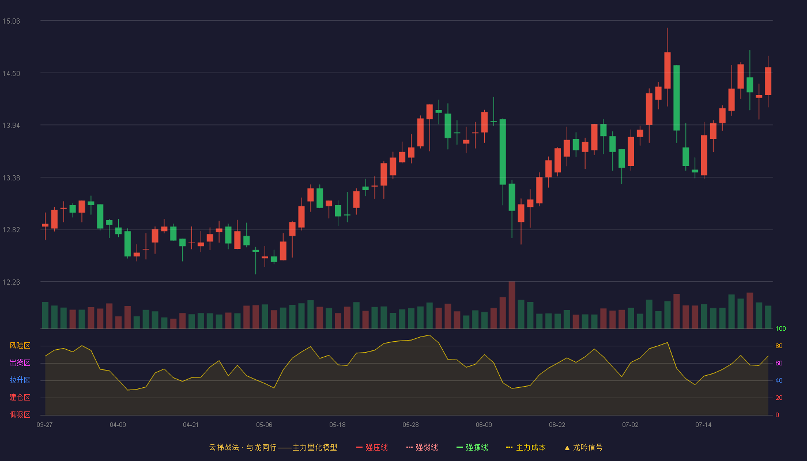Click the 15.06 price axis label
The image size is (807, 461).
coord(11,21)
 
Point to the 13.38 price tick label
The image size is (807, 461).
coord(11,178)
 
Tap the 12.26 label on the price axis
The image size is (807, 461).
coord(11,282)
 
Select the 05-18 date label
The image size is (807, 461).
coord(337,425)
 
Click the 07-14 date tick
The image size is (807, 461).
coord(703,425)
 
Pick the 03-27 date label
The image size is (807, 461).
coord(45,425)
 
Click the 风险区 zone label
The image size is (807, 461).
coord(20,346)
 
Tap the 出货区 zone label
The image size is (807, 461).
coord(20,362)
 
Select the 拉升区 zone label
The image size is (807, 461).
coord(20,380)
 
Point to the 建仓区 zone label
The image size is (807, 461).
coord(20,397)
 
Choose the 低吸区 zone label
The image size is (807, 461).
coord(20,414)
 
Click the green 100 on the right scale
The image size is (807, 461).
coord(780,328)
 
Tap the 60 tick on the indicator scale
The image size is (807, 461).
coord(779,363)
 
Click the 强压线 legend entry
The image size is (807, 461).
coord(372,447)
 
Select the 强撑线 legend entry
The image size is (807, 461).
coord(472,447)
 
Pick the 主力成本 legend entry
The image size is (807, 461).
coord(526,447)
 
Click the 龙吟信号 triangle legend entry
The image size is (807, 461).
coord(583,447)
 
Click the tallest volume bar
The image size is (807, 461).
coord(512,305)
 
